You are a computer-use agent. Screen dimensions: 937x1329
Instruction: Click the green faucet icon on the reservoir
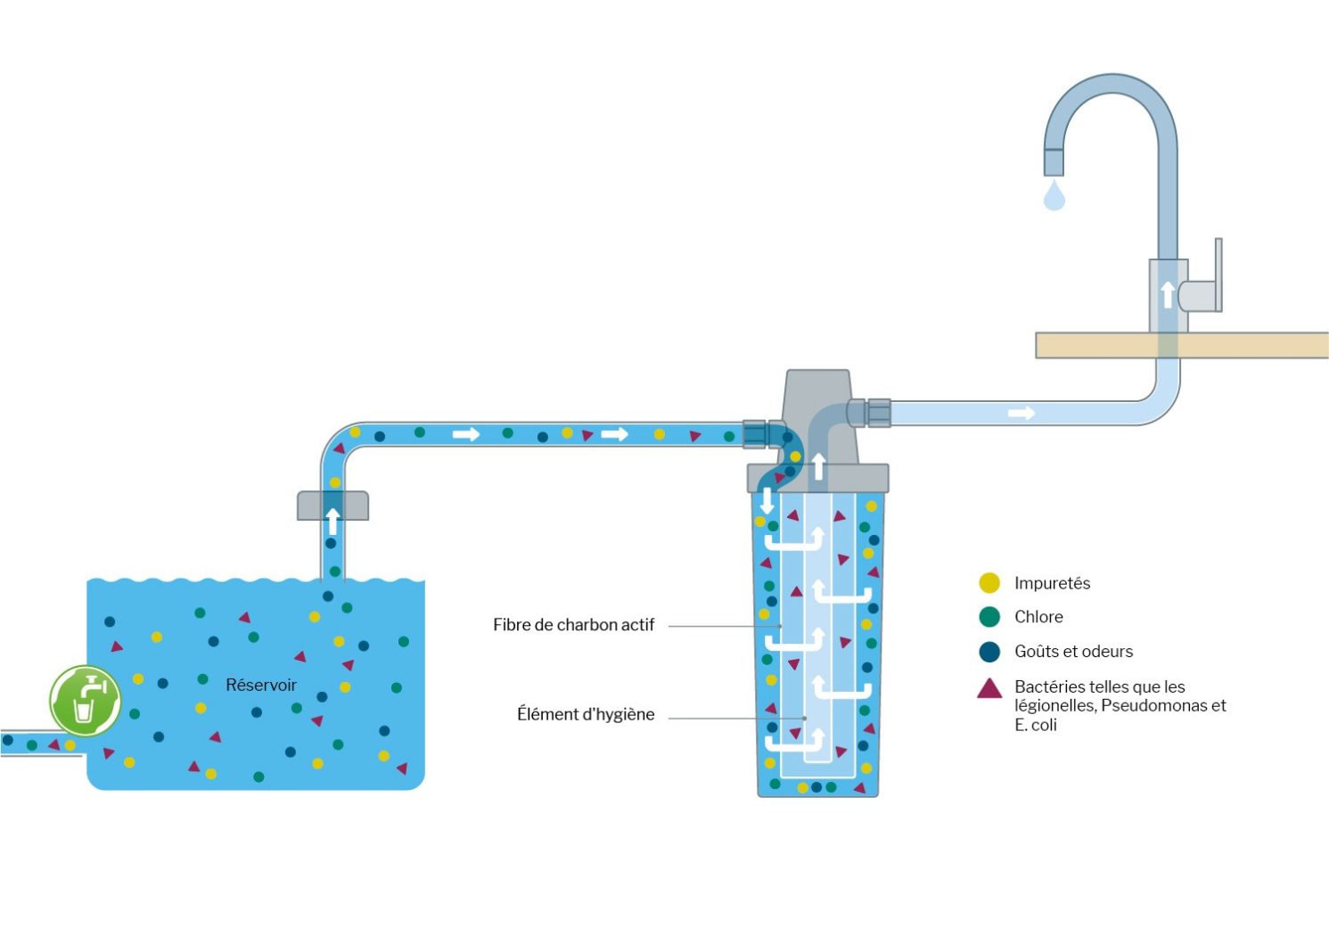point(85,701)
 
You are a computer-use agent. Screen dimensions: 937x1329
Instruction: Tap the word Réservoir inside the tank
point(260,685)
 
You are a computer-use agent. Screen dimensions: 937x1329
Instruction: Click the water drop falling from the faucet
point(1054,195)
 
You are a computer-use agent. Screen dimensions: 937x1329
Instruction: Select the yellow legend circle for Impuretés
point(989,583)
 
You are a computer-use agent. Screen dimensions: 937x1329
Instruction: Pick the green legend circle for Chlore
point(989,617)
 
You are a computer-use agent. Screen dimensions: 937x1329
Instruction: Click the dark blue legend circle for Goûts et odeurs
point(989,652)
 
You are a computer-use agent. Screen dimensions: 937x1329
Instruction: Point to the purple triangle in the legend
point(989,688)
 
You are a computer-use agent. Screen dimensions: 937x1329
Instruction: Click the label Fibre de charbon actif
point(573,625)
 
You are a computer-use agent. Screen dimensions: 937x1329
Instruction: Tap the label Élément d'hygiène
point(586,714)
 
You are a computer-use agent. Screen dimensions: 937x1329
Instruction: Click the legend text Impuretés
point(1052,583)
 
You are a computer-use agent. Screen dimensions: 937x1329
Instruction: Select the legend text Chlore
point(1038,617)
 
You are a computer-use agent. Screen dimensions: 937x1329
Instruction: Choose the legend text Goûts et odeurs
point(1073,652)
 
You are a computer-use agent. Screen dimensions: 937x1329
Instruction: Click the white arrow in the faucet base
point(1168,294)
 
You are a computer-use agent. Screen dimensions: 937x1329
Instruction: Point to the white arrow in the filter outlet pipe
point(1021,413)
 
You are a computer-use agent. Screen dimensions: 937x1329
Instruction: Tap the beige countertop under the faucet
point(1248,345)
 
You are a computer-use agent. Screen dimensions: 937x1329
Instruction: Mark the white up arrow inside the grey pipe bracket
point(332,521)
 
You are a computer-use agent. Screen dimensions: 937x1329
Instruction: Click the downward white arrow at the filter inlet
point(767,500)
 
